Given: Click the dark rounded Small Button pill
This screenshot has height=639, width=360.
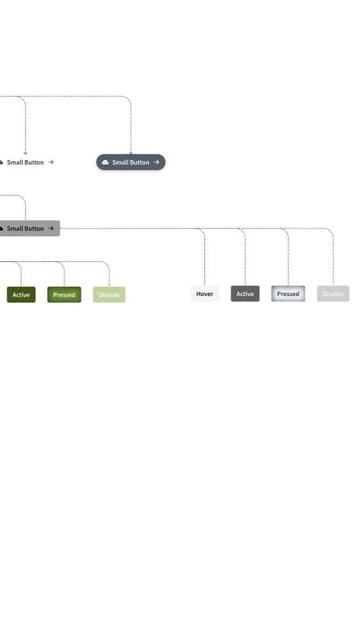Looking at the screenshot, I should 131,162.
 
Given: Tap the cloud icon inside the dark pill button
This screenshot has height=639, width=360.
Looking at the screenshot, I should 105,162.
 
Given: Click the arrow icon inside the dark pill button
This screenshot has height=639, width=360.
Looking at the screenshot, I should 156,162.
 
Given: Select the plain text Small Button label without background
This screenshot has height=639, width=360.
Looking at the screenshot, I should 25,162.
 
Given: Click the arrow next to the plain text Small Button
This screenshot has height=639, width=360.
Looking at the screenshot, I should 51,162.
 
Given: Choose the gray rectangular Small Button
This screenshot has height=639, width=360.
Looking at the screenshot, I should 27,228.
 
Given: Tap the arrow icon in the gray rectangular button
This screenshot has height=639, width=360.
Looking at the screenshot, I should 51,228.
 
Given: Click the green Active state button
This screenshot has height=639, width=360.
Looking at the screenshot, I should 21,294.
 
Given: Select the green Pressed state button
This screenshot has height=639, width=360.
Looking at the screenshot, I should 64,294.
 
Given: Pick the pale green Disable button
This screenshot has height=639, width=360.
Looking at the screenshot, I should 109,294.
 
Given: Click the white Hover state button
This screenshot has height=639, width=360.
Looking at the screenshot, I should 204,294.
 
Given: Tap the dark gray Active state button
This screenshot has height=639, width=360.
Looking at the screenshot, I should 245,294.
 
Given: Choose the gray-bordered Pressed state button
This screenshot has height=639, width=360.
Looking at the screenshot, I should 288,294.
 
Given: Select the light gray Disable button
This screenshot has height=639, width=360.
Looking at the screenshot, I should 333,294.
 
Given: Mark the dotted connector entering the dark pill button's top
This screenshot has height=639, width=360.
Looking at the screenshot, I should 131,129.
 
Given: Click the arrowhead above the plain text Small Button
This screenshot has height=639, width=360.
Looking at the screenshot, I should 25,153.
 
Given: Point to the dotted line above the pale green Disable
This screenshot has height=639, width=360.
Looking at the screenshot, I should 109,275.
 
